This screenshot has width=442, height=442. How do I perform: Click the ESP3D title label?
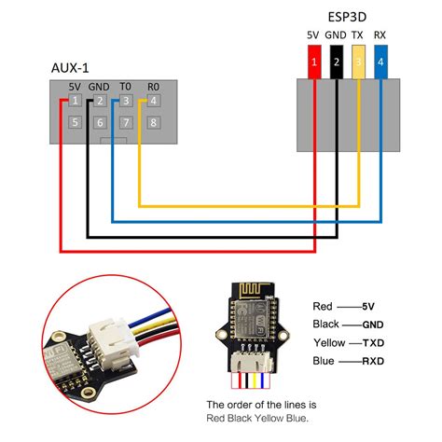(346, 16)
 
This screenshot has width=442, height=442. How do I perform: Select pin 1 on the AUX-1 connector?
(75, 100)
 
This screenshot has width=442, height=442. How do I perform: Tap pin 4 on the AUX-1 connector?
(153, 100)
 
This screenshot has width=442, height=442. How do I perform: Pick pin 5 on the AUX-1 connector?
(75, 122)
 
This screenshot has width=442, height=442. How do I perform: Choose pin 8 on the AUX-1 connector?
(153, 122)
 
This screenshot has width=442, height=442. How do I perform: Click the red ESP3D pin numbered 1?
(314, 63)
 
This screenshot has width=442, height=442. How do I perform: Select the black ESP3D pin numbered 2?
(336, 63)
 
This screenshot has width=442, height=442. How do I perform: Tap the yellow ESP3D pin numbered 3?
(357, 63)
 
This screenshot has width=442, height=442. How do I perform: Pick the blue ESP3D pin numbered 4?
(380, 63)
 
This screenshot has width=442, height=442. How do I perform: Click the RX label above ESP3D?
(380, 35)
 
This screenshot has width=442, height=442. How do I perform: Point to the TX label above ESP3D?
(357, 35)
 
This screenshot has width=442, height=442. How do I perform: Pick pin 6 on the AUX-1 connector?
(101, 122)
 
